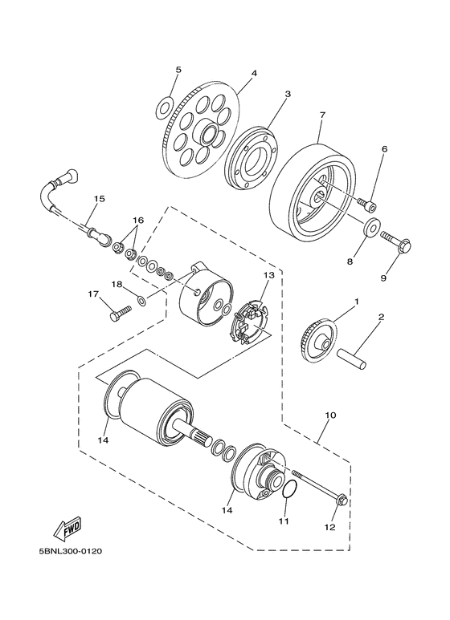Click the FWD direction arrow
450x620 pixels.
pyautogui.click(x=67, y=529)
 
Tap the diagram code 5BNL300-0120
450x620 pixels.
pyautogui.click(x=71, y=551)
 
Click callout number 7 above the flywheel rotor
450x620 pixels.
pyautogui.click(x=322, y=115)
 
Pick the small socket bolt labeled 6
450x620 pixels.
pyautogui.click(x=367, y=204)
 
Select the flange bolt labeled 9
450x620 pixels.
pyautogui.click(x=396, y=242)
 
